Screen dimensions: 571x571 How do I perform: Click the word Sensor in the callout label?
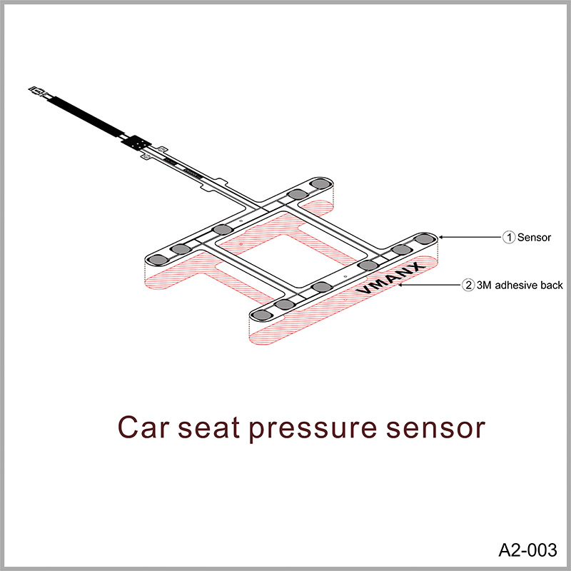(x=534, y=237)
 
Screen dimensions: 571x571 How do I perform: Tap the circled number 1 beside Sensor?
(x=509, y=237)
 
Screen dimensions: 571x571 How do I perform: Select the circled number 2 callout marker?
(x=468, y=285)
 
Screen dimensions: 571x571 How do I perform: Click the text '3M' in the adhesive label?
(x=485, y=285)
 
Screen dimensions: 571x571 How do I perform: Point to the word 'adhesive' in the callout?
(x=517, y=285)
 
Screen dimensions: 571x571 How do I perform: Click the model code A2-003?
(x=526, y=550)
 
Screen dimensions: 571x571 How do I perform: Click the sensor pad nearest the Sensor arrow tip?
(x=425, y=238)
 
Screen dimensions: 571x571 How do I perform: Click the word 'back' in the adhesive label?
(x=552, y=285)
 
